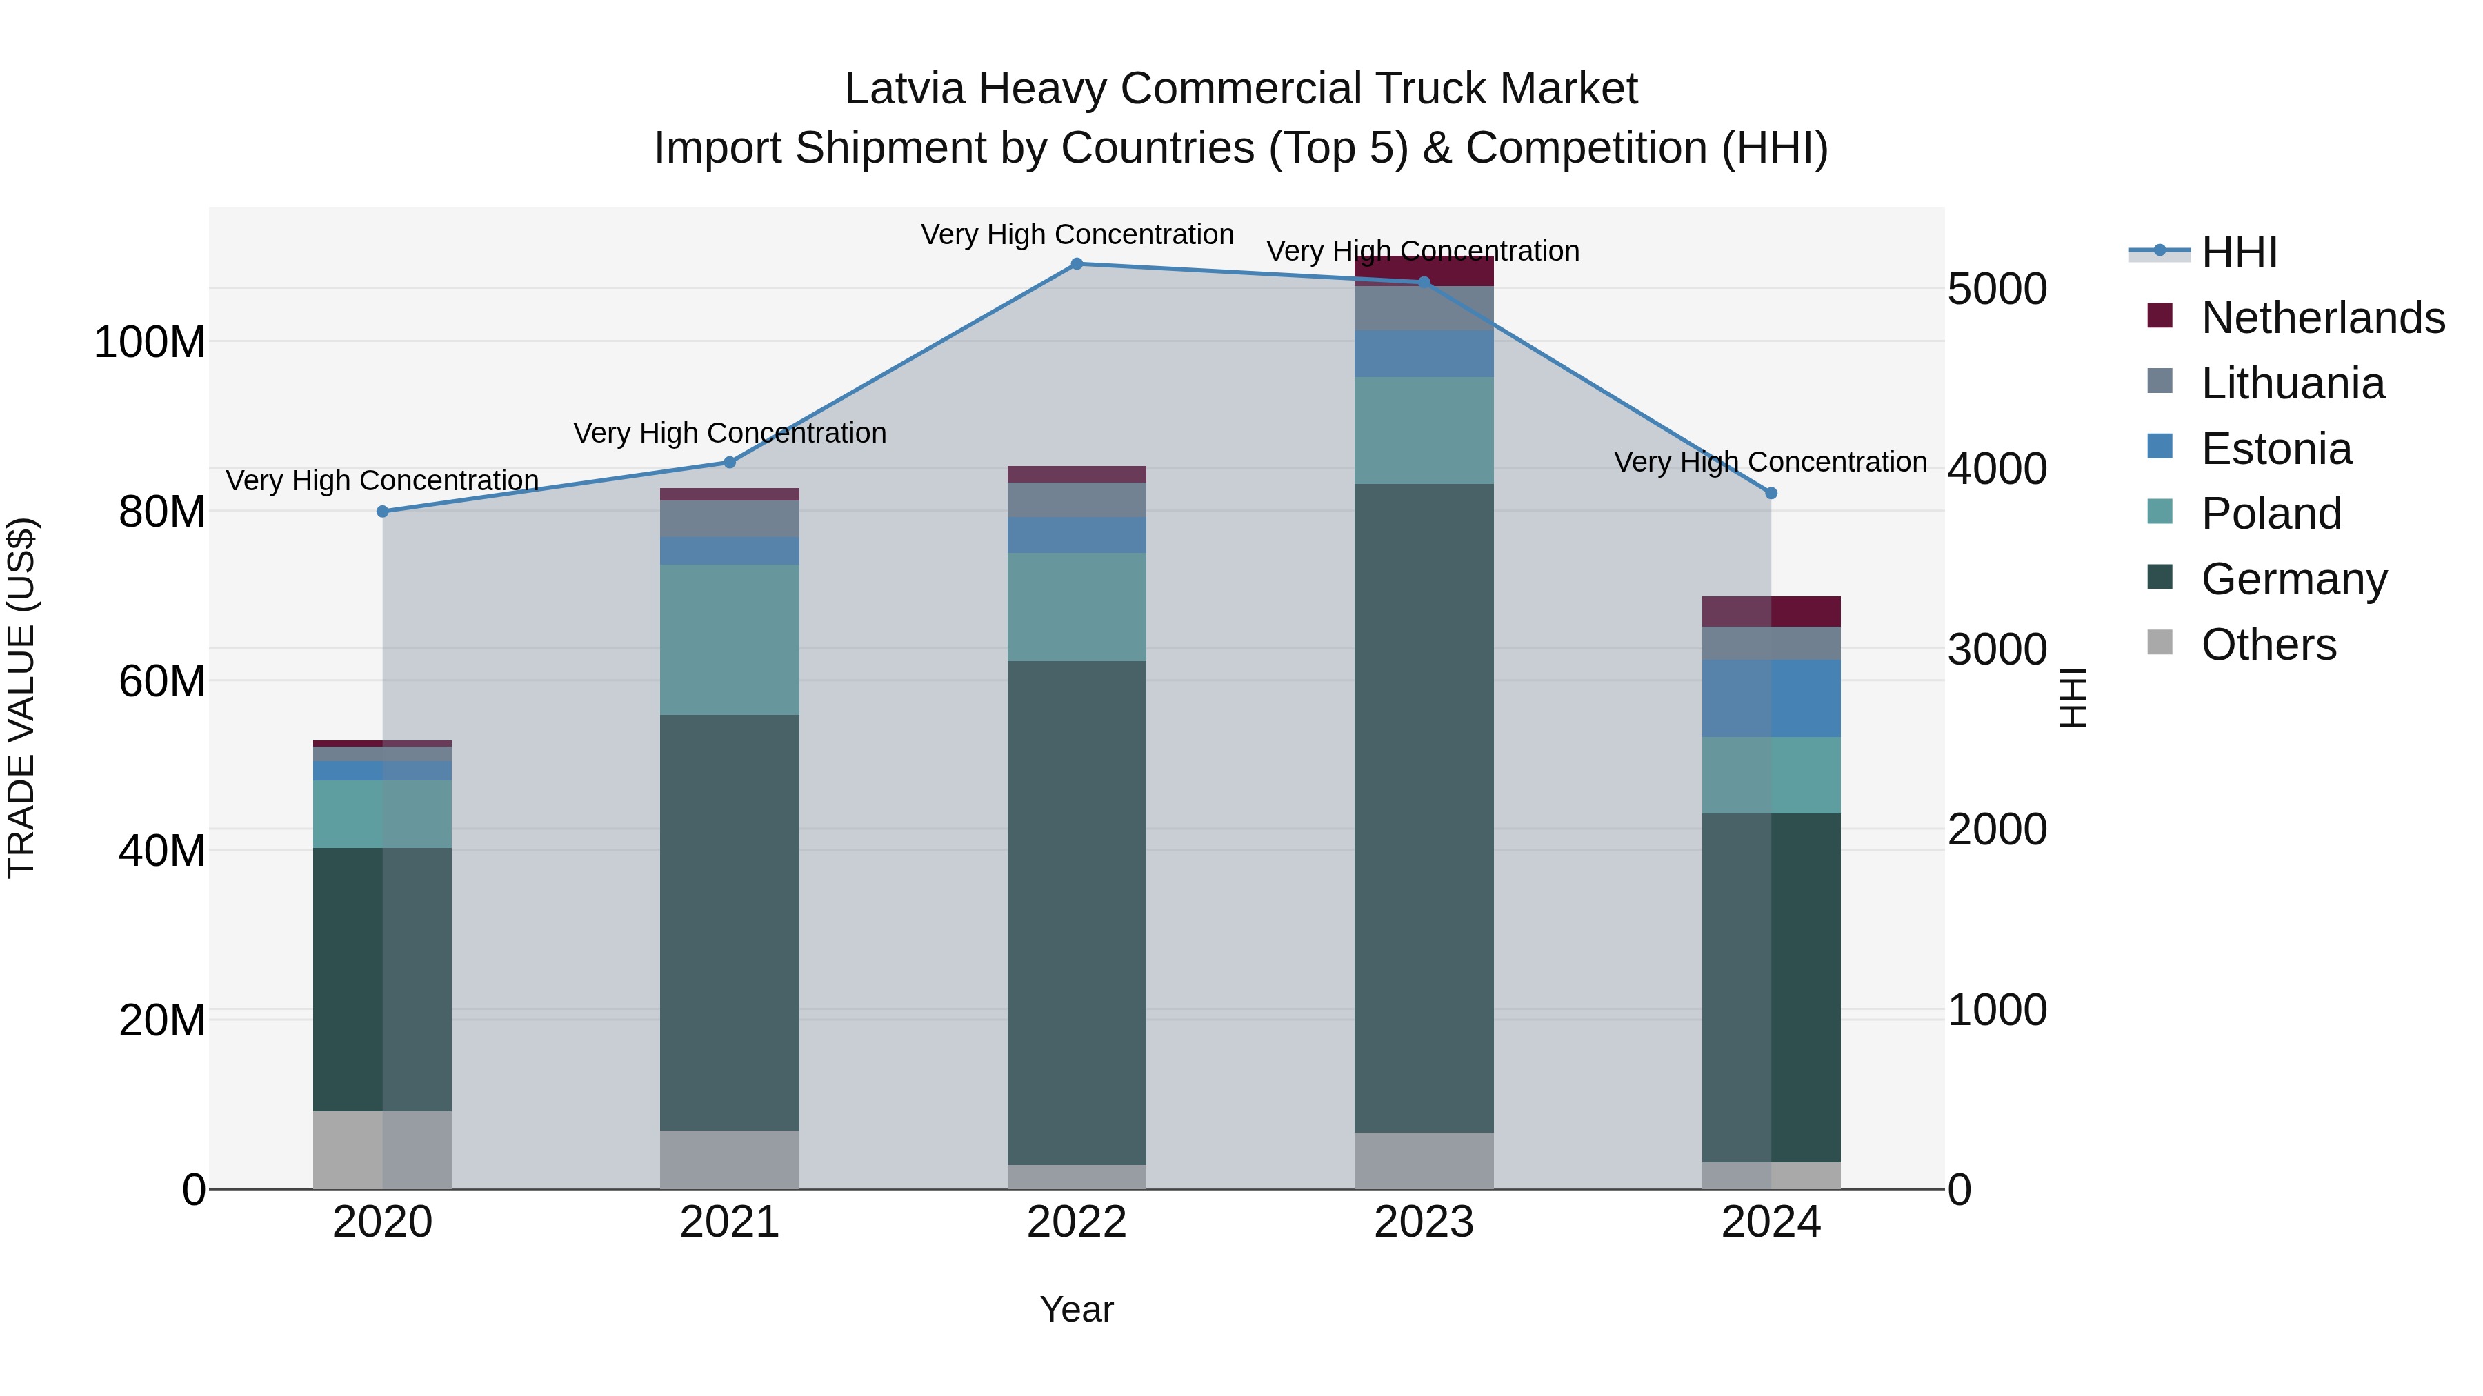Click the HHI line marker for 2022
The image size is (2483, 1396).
(1077, 264)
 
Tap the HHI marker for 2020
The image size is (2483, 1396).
(383, 512)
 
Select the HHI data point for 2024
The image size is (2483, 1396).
(1771, 494)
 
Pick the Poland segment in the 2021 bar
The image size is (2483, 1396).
(730, 639)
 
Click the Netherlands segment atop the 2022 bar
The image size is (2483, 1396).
(1077, 474)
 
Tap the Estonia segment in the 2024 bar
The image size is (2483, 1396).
(1771, 698)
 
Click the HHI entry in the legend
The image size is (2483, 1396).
(2238, 252)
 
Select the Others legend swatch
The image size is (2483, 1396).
(2160, 643)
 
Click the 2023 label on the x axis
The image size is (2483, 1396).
(1424, 1222)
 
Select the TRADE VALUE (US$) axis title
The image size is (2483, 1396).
(21, 698)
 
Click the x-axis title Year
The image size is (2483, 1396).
(1077, 1309)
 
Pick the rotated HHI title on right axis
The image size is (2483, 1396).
(2073, 698)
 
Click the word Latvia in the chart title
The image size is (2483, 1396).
(904, 89)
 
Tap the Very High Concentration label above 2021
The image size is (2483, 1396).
(730, 434)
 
